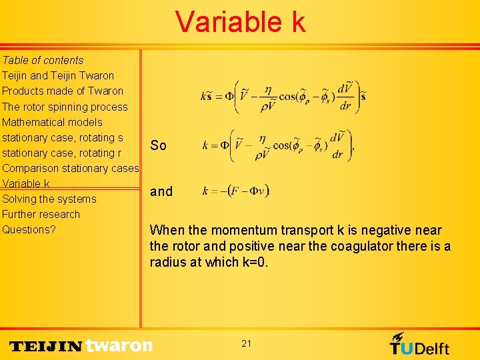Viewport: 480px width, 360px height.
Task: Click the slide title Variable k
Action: click(x=241, y=22)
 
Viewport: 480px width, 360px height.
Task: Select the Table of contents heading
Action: click(x=43, y=60)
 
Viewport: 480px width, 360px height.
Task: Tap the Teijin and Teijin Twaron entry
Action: click(x=58, y=75)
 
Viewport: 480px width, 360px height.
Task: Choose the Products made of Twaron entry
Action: click(x=63, y=91)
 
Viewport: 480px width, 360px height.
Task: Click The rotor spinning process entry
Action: click(x=65, y=107)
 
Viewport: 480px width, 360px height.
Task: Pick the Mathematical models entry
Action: click(x=52, y=122)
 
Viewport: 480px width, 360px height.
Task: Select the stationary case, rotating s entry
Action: click(x=63, y=137)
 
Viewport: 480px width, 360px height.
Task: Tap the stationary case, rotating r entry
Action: click(x=61, y=153)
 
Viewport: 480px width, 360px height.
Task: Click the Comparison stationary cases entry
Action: click(x=70, y=168)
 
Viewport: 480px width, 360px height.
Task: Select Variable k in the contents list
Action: click(x=26, y=183)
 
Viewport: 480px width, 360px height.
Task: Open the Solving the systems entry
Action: click(x=49, y=199)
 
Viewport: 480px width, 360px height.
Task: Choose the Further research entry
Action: click(x=41, y=214)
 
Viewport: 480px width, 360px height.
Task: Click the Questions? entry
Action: click(x=29, y=229)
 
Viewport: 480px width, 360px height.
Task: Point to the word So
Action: click(x=158, y=145)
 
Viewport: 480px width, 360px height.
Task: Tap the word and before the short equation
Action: click(x=161, y=191)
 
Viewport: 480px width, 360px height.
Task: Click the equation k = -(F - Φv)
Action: click(x=235, y=191)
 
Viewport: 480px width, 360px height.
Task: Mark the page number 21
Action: click(x=247, y=343)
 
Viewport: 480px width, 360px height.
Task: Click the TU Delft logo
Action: click(x=419, y=344)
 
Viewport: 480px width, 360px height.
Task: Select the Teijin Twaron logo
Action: click(x=81, y=345)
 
